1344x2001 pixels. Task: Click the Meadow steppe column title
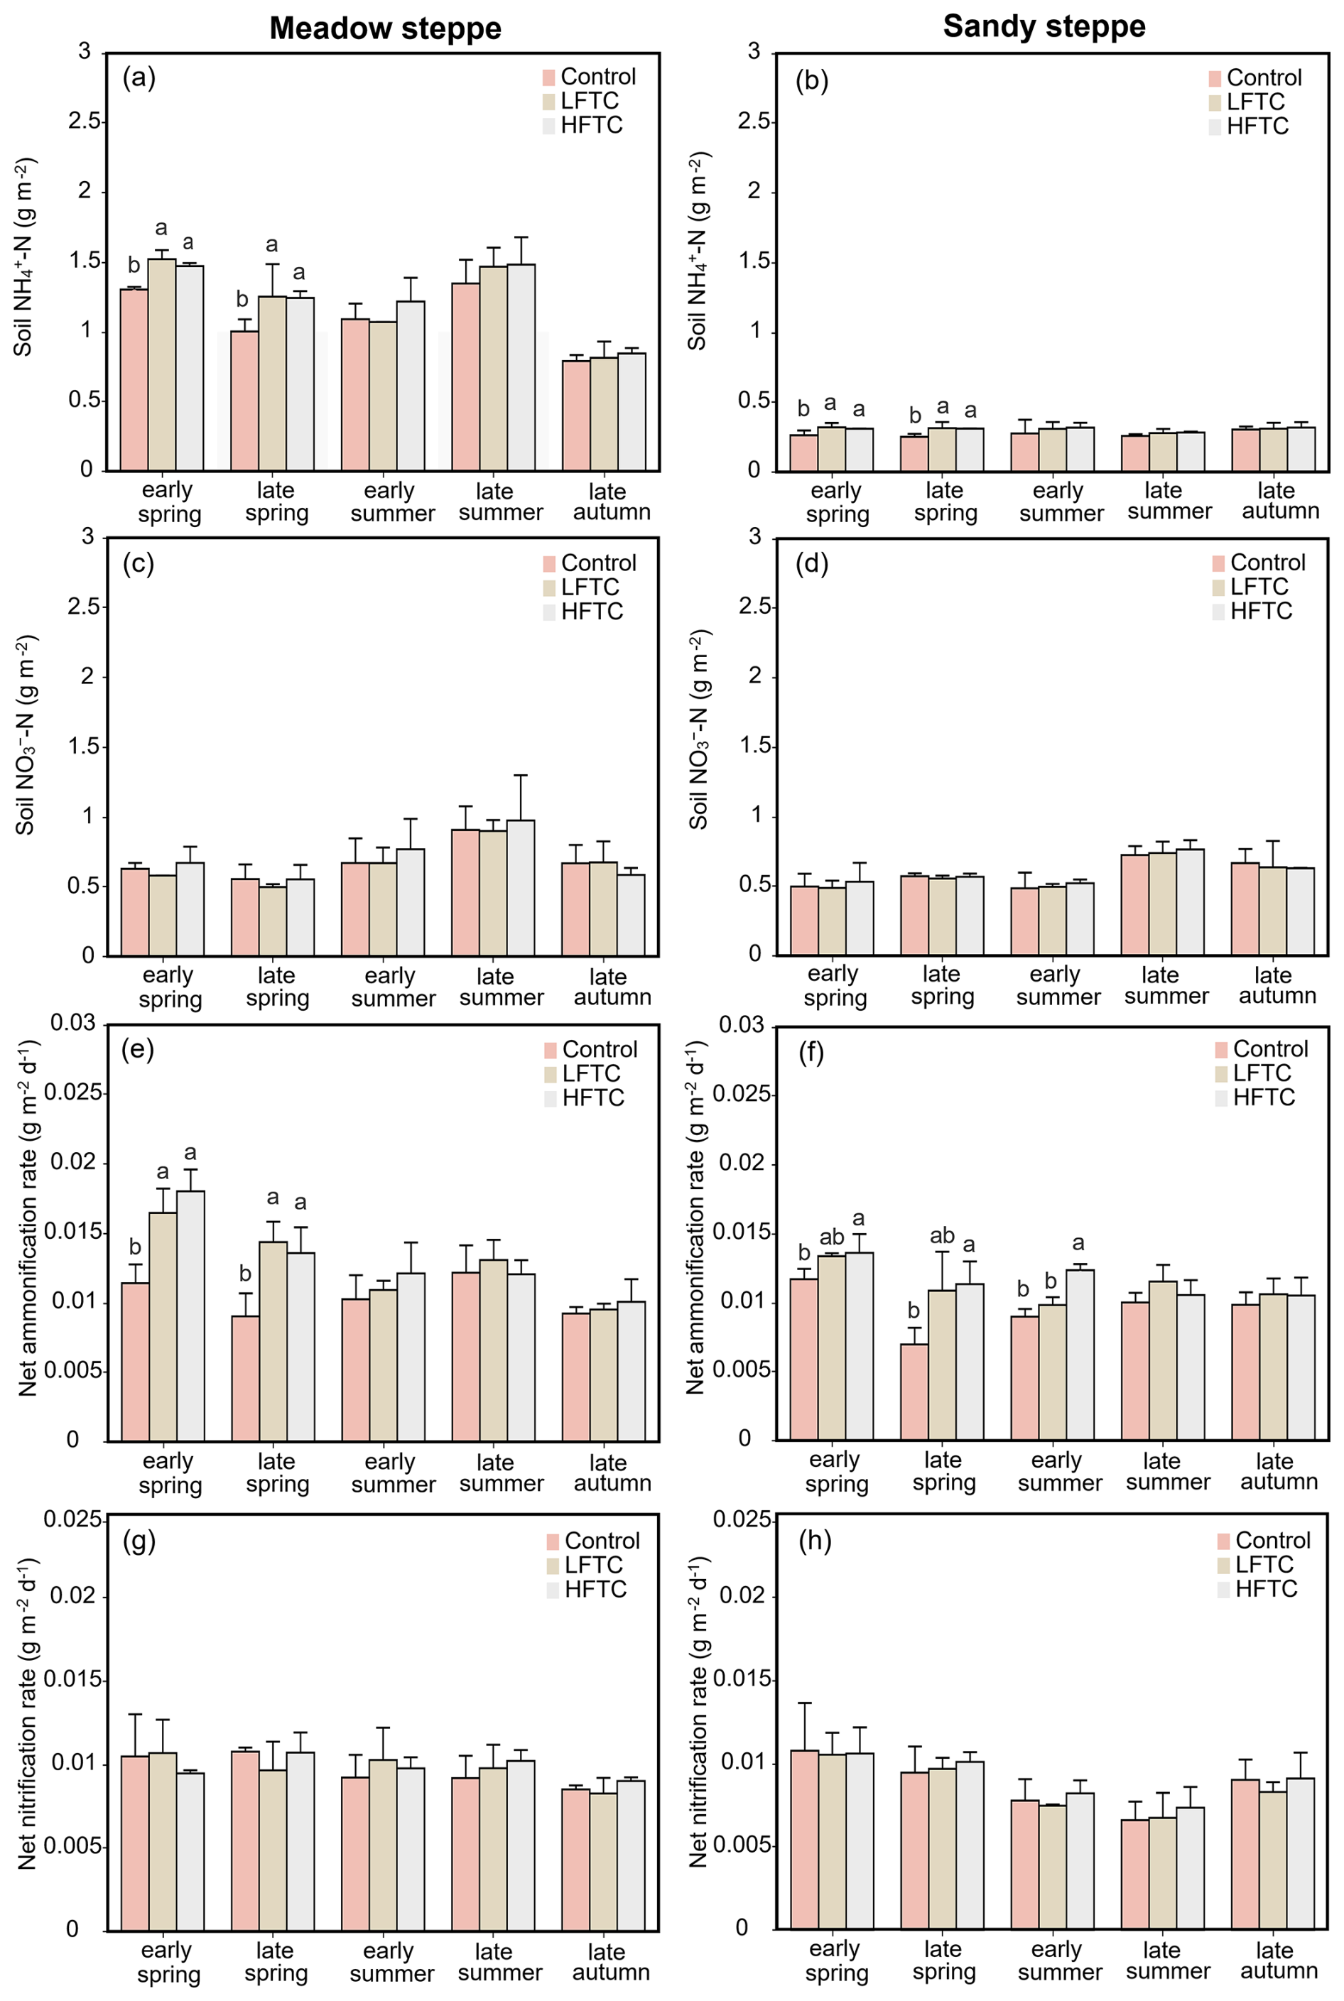click(x=385, y=28)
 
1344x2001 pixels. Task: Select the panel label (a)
click(x=139, y=78)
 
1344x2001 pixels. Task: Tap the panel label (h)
click(x=814, y=1540)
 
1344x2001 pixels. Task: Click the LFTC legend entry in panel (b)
click(x=1255, y=102)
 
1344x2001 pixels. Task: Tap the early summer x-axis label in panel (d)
click(x=1058, y=985)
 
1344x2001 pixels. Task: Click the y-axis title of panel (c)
click(x=26, y=734)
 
